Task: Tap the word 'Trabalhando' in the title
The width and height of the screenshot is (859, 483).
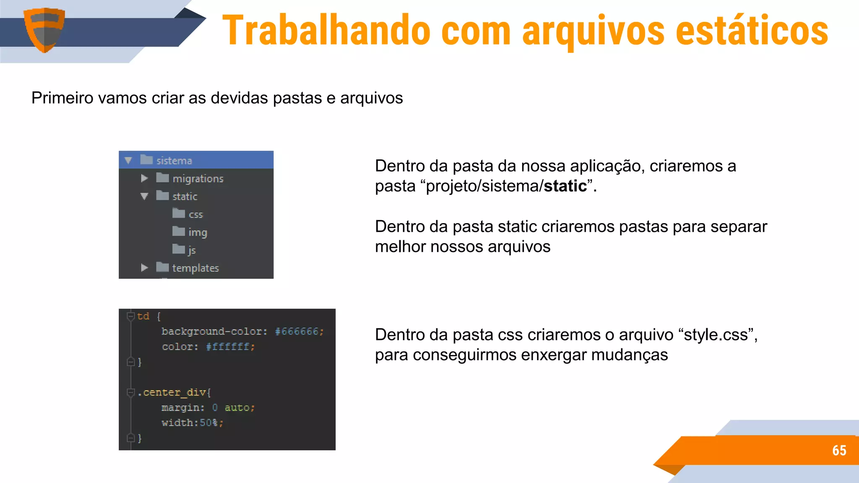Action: click(326, 30)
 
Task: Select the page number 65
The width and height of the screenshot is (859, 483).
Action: click(839, 450)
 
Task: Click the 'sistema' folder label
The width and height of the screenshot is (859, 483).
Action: click(174, 161)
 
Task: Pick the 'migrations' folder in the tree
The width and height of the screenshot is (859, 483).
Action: click(198, 179)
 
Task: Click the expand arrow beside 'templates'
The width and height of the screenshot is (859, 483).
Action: click(144, 267)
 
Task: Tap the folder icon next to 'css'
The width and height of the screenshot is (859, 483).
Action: click(179, 214)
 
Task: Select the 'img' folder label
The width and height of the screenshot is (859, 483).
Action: click(198, 232)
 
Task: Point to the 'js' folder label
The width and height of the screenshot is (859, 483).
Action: click(192, 250)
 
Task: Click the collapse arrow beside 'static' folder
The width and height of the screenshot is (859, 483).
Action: click(144, 196)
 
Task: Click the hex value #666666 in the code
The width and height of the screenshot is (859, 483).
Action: click(297, 332)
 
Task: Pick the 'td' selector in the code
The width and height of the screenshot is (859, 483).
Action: click(143, 316)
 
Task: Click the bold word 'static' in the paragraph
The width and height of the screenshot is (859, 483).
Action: click(565, 186)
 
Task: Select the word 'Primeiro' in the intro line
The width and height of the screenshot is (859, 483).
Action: click(62, 98)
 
